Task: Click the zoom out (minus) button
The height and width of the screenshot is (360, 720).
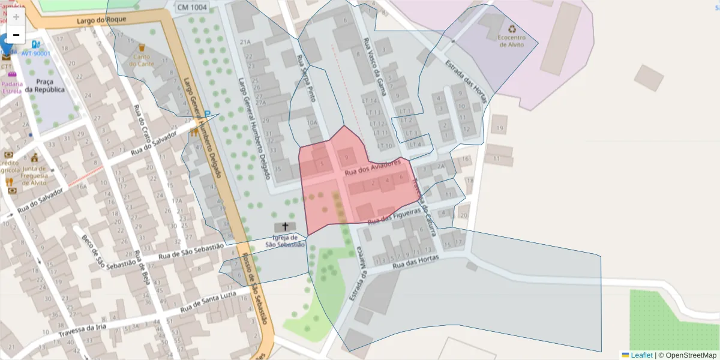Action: tap(16, 35)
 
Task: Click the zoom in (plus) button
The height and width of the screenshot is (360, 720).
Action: tap(16, 17)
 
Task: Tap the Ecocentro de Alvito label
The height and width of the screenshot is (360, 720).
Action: tap(511, 41)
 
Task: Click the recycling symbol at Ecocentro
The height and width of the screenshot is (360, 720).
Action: tap(512, 29)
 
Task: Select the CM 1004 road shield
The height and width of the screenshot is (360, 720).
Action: tap(192, 7)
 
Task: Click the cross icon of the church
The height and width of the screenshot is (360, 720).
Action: tap(285, 227)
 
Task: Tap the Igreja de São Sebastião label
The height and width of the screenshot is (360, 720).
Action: tap(285, 241)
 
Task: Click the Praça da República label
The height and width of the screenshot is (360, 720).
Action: tap(50, 85)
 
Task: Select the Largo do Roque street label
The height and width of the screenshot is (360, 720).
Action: tap(101, 20)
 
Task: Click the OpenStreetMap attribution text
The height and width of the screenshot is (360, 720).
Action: tap(691, 355)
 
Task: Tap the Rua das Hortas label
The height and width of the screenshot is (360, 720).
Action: tap(415, 262)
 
